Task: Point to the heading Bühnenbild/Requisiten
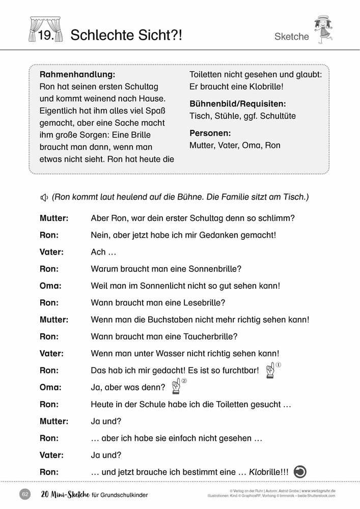click(237, 103)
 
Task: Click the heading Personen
click(210, 133)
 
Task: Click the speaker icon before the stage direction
click(44, 197)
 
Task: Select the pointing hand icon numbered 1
click(270, 371)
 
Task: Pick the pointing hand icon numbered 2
click(176, 387)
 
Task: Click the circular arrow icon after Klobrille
click(300, 472)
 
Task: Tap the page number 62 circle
click(25, 494)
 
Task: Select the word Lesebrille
click(203, 303)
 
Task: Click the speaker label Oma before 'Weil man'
click(50, 286)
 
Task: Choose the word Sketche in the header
click(291, 37)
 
